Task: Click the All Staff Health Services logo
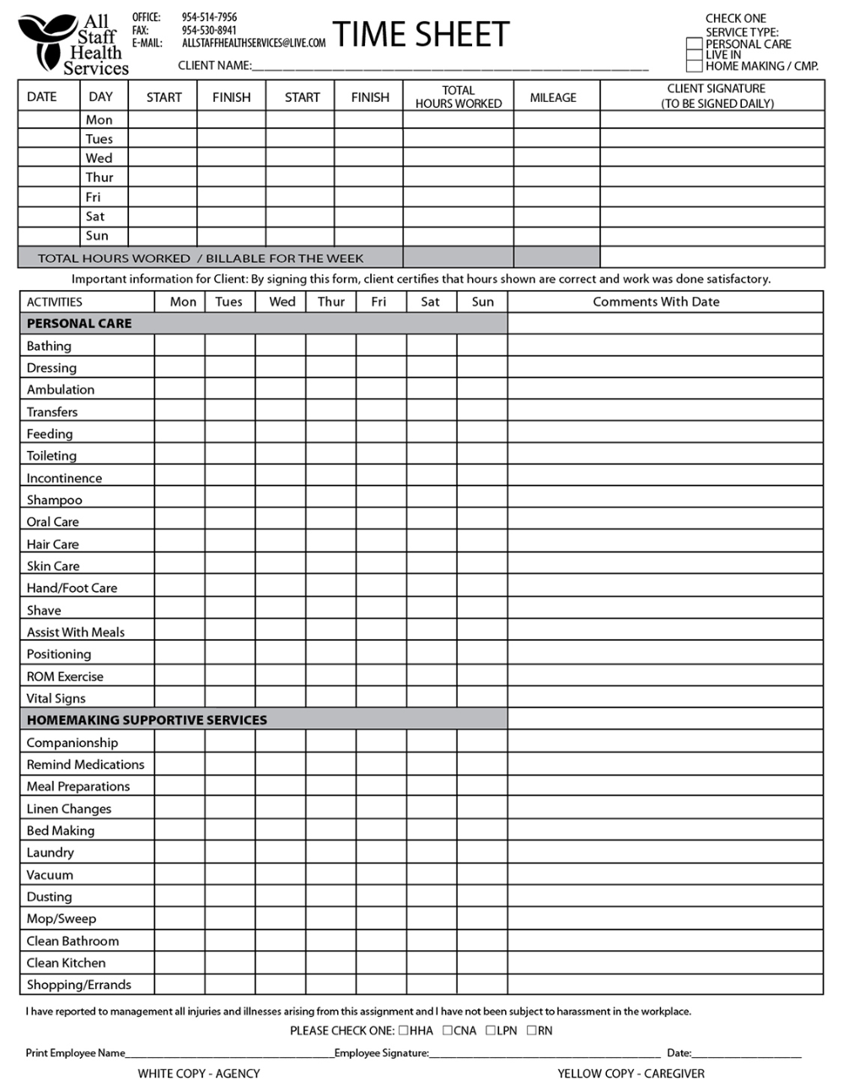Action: click(x=73, y=45)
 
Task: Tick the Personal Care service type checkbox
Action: click(x=695, y=44)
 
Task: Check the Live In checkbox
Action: click(x=695, y=55)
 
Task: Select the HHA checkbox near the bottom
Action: click(x=404, y=1030)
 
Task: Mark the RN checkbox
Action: click(x=531, y=1030)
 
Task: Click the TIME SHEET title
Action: click(x=421, y=35)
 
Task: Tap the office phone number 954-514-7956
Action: click(x=209, y=17)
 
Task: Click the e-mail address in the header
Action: click(x=254, y=43)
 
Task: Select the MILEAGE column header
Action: click(x=553, y=98)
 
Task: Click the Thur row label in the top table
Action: click(x=99, y=178)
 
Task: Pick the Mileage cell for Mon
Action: click(x=556, y=120)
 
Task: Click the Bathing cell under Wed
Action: click(x=280, y=346)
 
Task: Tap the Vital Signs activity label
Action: click(x=56, y=698)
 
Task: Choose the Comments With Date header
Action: click(x=656, y=302)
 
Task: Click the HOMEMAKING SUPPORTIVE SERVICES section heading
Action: click(x=147, y=720)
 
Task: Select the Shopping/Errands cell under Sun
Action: click(x=482, y=985)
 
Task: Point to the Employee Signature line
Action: click(x=545, y=1053)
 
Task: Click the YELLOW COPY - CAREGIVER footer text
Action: click(x=631, y=1074)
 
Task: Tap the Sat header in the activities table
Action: click(x=431, y=302)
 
